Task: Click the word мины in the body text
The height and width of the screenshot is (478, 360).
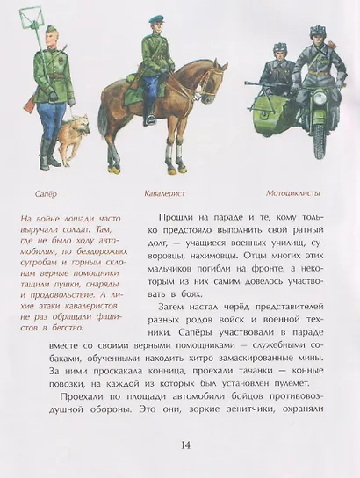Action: tap(298, 341)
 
